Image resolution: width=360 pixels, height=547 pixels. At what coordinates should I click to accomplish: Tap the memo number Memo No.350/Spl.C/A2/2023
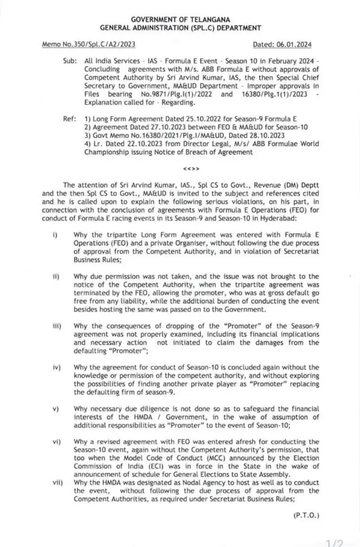pos(89,44)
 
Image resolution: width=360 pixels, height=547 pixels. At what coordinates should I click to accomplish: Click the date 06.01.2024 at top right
pos(297,44)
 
